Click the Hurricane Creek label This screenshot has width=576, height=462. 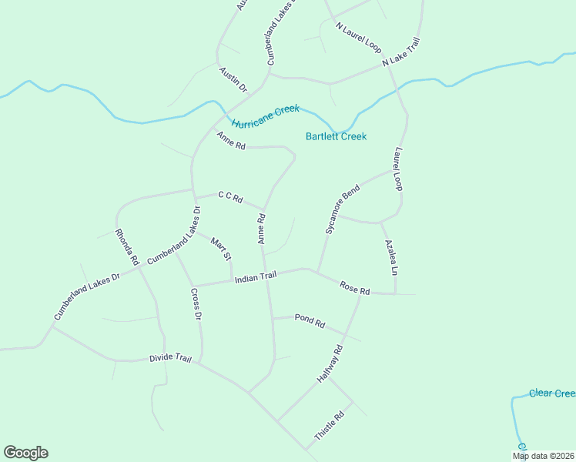coord(265,117)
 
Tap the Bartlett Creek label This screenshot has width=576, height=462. coord(336,136)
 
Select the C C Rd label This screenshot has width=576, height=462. coord(230,198)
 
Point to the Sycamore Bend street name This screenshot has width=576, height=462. coord(342,209)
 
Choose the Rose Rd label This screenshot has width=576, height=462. coord(355,289)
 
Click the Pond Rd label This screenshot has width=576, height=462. coord(310,320)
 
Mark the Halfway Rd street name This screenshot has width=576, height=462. coord(330,364)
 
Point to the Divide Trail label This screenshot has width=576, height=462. coord(169,358)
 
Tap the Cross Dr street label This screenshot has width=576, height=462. coord(196,304)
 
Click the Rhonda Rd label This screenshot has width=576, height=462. coord(126,246)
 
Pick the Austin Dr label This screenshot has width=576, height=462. coord(233,80)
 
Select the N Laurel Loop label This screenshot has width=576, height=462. coord(359,37)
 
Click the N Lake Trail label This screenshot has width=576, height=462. coord(403,55)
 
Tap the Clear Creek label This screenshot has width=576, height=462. coord(551,393)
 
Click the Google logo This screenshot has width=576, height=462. coord(25,453)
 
